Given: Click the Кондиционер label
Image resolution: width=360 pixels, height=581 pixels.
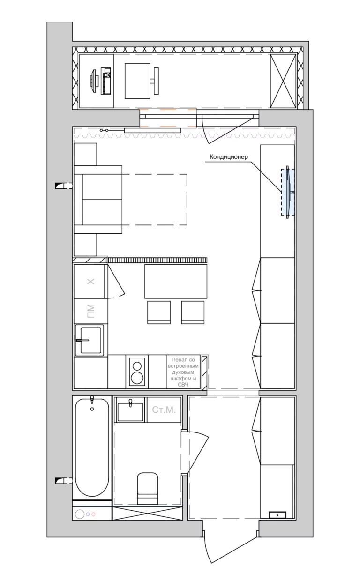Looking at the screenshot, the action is point(229,157).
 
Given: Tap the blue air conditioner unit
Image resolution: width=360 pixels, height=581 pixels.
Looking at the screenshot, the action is point(288,192).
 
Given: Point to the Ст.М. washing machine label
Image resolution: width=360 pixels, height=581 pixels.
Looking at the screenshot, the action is point(164,410).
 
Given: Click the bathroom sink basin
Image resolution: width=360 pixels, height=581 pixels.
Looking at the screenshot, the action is point(130,412).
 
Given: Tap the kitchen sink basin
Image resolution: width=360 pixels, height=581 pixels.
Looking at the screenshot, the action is point(91,340).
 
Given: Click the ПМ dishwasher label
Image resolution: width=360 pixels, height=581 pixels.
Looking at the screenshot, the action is point(90,311).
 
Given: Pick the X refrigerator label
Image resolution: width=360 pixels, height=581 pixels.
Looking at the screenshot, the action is point(90,282).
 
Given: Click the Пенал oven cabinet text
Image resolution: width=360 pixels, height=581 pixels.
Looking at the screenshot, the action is point(183,372).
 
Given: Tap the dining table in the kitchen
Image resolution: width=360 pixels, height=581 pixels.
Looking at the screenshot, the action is point(176,281).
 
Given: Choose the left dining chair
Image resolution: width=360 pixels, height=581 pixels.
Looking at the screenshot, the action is point(159,312).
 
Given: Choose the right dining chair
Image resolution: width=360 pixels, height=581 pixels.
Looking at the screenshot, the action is point(193,312).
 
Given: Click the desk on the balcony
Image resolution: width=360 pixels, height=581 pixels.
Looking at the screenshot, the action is point(137,81).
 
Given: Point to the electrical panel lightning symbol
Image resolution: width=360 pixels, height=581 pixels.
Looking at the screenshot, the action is point(277,515).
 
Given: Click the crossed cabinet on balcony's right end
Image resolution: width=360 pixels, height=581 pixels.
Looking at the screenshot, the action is point(283,81).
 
